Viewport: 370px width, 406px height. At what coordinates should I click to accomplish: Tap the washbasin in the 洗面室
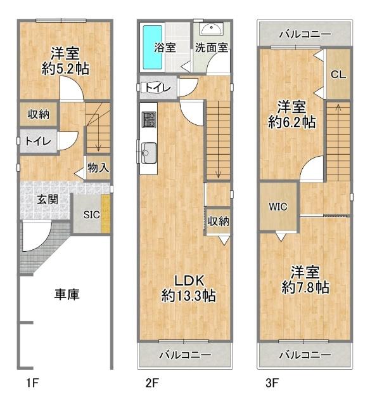(x=210, y=29)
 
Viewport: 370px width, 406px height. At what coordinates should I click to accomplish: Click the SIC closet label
(x=92, y=214)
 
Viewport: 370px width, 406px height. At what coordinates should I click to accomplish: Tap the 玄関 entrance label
(x=46, y=199)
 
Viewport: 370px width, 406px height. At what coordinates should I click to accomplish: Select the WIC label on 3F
(x=277, y=207)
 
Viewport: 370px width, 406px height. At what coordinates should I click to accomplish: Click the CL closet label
(x=338, y=74)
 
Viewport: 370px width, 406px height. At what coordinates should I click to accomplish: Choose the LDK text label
(x=188, y=280)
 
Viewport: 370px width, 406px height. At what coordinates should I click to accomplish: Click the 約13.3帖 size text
(x=188, y=296)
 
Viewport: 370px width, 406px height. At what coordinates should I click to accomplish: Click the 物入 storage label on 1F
(x=98, y=168)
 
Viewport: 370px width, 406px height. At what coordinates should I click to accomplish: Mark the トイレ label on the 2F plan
(x=156, y=88)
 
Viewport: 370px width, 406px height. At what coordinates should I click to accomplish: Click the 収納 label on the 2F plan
(x=218, y=221)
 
